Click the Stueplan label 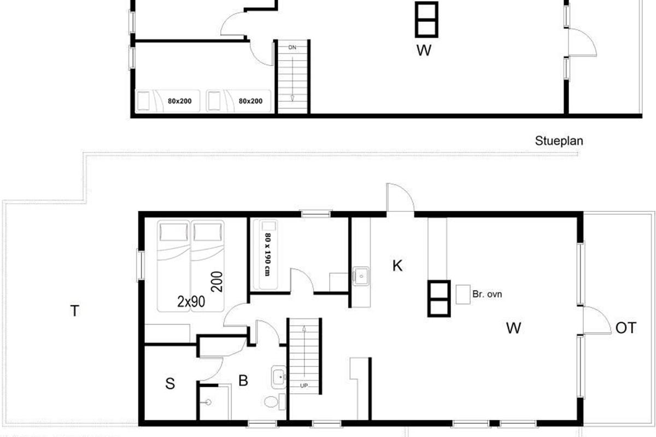559,141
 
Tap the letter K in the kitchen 397,266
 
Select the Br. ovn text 487,294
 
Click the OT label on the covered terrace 626,328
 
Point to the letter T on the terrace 75,311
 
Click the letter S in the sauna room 170,383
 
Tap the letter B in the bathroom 243,381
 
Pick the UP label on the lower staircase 304,386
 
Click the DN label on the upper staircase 292,48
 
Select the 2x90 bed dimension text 191,302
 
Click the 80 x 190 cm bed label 267,255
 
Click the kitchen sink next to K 361,276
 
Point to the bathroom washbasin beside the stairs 278,377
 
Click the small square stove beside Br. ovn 463,294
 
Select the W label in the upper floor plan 424,50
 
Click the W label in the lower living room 514,328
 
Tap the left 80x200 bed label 179,101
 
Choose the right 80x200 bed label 250,101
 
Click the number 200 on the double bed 216,281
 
